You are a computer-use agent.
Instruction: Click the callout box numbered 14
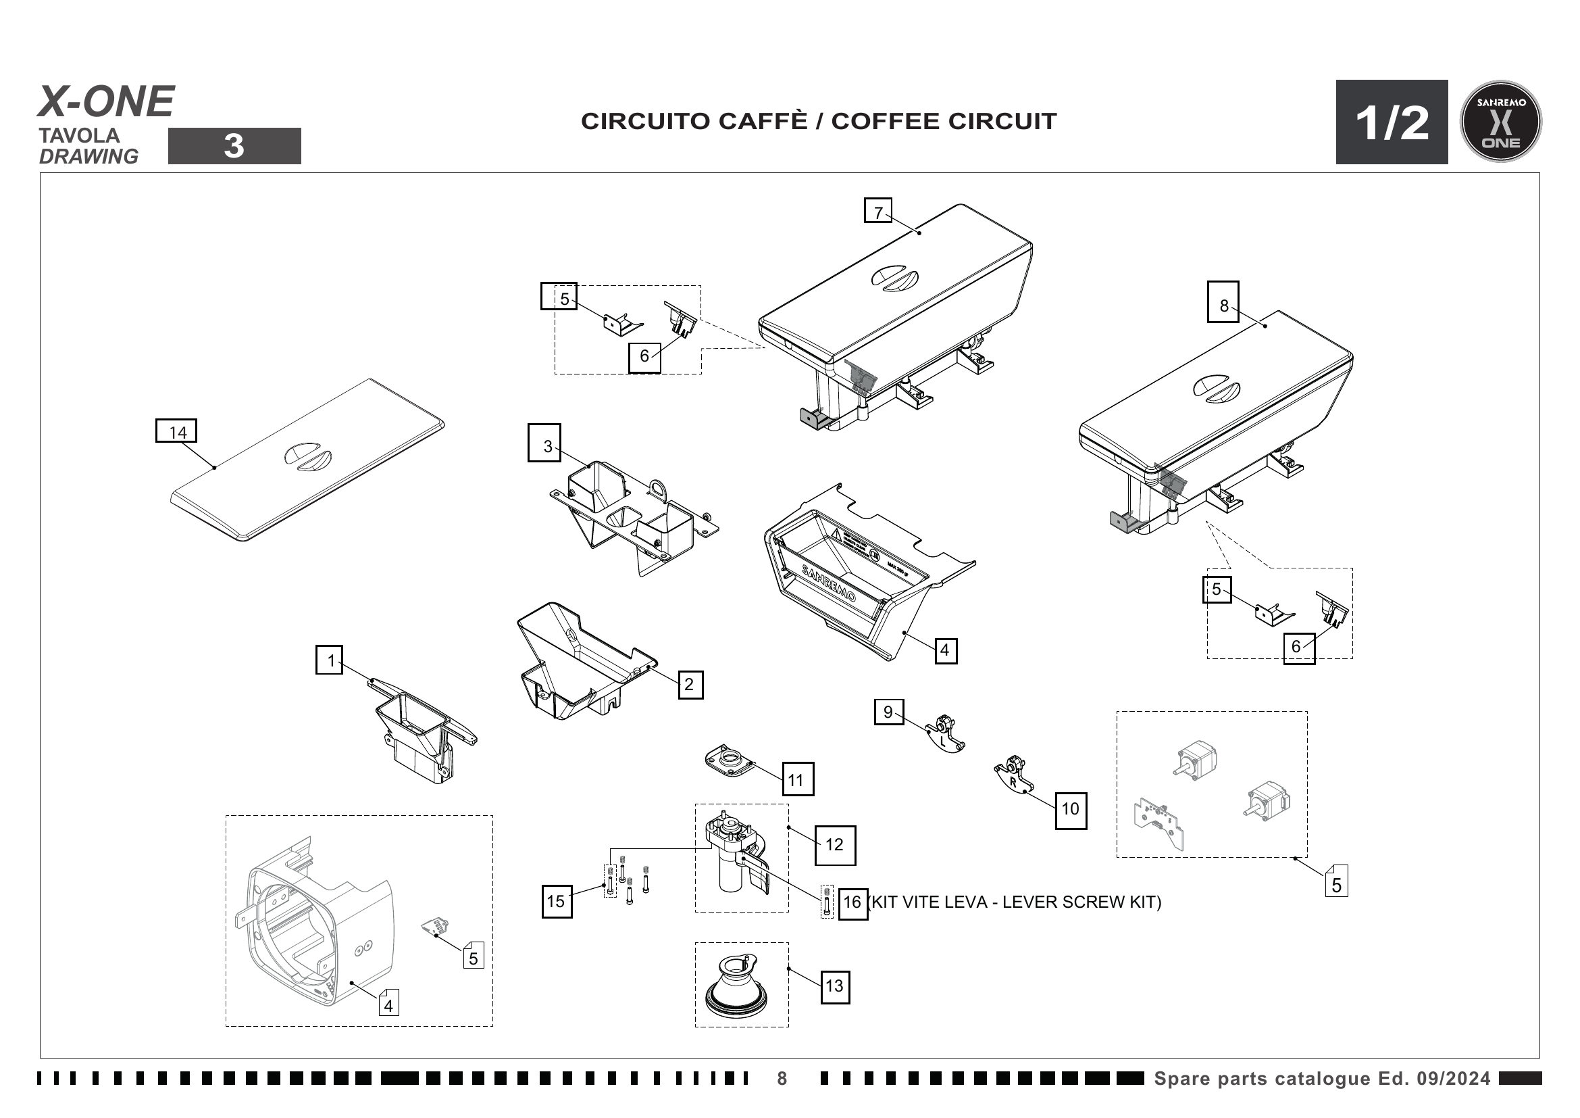tap(177, 431)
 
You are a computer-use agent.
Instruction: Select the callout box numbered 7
tap(878, 211)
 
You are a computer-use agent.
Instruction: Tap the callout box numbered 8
tap(1223, 302)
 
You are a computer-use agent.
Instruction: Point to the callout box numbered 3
tap(544, 443)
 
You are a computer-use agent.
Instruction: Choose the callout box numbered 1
tap(330, 660)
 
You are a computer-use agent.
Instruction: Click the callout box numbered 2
tap(690, 684)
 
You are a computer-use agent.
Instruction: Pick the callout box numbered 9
tap(888, 712)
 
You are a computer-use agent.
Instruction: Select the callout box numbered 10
tap(1071, 809)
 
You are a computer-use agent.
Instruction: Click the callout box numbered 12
tap(836, 846)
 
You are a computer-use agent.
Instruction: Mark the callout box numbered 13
tap(836, 986)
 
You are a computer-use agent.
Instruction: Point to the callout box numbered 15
tap(556, 902)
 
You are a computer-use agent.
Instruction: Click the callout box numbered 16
tap(852, 902)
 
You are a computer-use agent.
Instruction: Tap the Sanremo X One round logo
tap(1501, 122)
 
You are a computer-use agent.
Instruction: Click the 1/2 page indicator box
tap(1392, 122)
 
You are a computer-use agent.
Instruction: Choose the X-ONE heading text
tap(106, 102)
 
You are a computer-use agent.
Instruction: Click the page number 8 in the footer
tap(782, 1079)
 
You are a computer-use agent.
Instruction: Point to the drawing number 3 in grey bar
tap(234, 146)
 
